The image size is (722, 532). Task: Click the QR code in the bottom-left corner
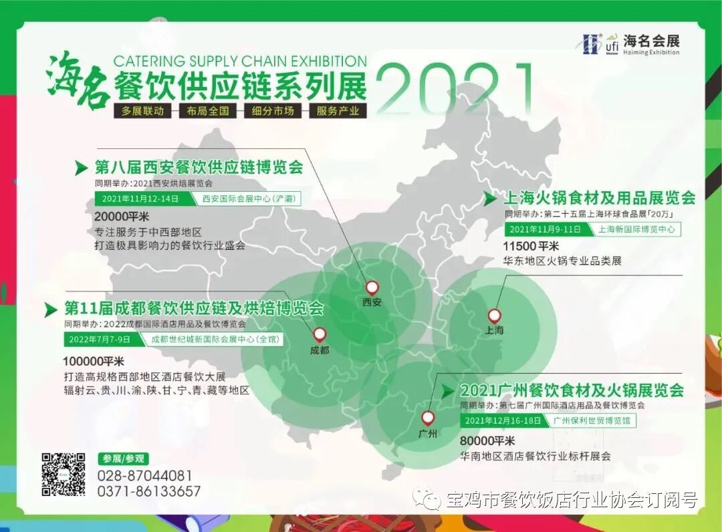[x=64, y=474]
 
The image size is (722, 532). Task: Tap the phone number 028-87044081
[x=144, y=476]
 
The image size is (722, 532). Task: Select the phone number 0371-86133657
[x=148, y=491]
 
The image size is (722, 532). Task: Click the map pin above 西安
[x=372, y=287]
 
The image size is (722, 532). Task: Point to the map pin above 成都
[x=320, y=334]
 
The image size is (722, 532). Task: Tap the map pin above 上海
[x=494, y=316]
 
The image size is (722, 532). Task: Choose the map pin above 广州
[x=427, y=418]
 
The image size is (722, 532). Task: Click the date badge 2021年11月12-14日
[x=141, y=198]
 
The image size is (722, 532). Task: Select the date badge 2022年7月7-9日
[x=99, y=339]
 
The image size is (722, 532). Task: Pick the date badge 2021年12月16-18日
[x=503, y=420]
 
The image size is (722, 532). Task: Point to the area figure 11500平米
[x=531, y=247]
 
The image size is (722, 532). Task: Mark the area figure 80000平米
[x=487, y=441]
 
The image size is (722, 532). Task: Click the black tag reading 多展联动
[x=142, y=111]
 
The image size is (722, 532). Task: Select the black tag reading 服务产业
[x=338, y=111]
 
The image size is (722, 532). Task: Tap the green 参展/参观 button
[x=123, y=458]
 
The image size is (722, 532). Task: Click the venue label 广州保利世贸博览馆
[x=591, y=420]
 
